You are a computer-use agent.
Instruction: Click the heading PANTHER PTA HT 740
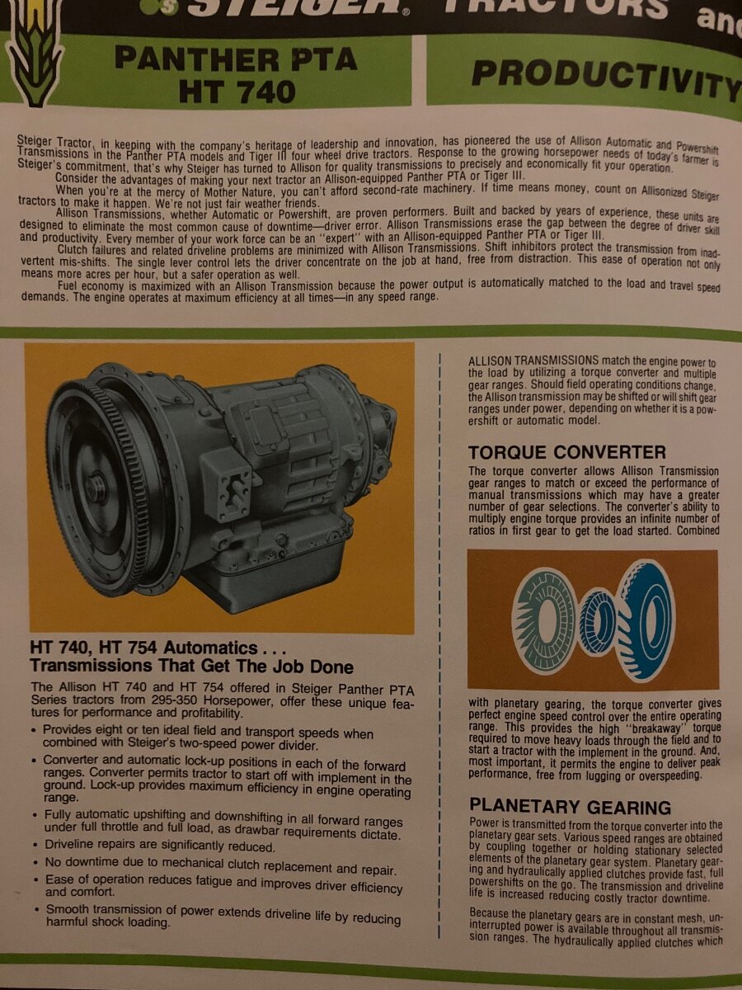235,74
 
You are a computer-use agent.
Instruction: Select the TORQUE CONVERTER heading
567,452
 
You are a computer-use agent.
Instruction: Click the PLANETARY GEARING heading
570,807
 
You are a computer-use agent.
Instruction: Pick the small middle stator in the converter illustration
599,621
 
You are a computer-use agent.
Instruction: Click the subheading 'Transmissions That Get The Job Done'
191,667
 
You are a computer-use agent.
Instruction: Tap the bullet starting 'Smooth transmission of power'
223,915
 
